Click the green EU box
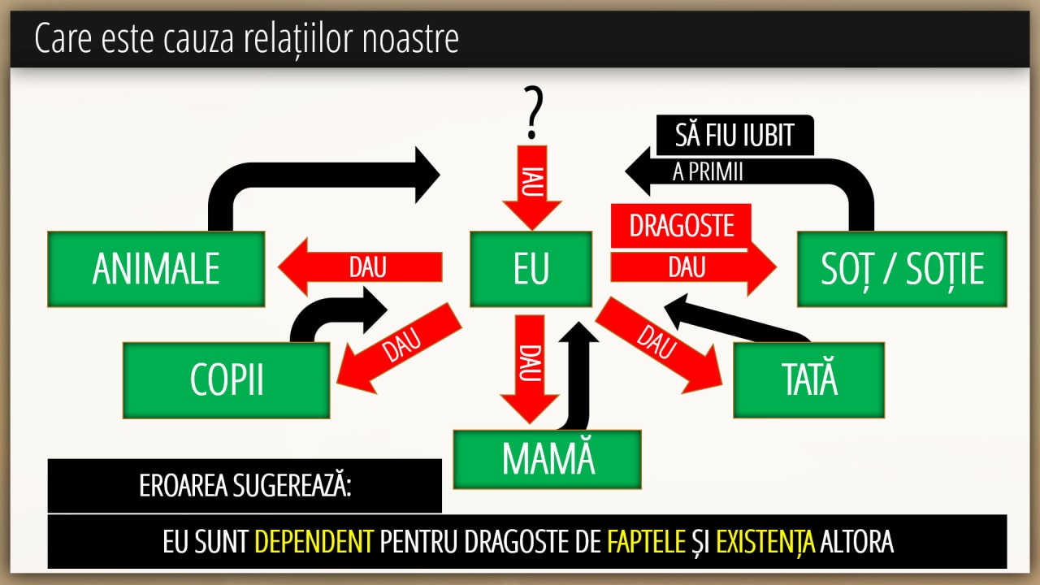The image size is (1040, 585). tap(531, 269)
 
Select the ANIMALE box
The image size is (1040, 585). tap(156, 269)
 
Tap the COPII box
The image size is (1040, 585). tap(227, 380)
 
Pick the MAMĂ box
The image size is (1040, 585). tap(548, 459)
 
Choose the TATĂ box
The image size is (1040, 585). tap(808, 380)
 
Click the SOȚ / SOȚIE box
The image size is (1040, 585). tap(902, 269)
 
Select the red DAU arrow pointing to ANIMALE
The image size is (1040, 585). tap(362, 267)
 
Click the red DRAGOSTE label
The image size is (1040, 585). tap(681, 226)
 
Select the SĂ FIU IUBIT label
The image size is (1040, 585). tap(734, 135)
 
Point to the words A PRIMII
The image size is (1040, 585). tap(708, 172)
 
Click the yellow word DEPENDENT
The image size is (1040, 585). tap(314, 542)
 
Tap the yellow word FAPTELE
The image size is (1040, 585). tap(646, 542)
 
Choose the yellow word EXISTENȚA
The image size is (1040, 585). tap(765, 542)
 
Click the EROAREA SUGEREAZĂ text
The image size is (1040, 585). tap(245, 486)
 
